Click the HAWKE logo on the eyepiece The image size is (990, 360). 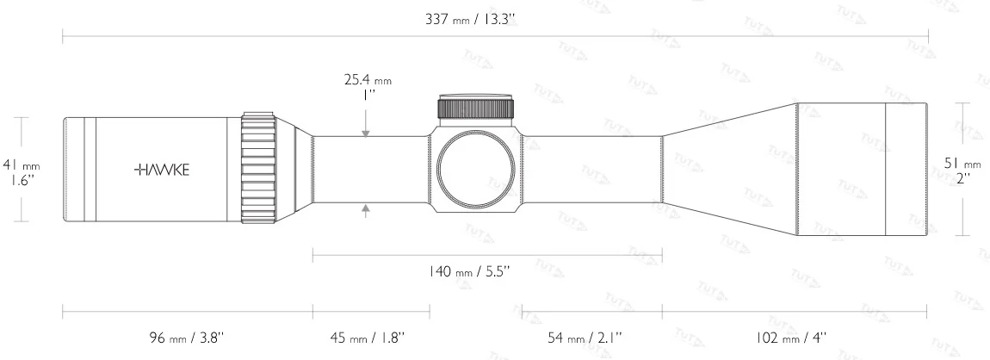pyautogui.click(x=162, y=170)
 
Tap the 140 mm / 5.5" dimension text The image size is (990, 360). pyautogui.click(x=469, y=270)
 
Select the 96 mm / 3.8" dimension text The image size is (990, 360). pyautogui.click(x=187, y=337)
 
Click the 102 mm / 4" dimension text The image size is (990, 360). pyautogui.click(x=791, y=337)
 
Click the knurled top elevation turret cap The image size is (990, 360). pyautogui.click(x=476, y=107)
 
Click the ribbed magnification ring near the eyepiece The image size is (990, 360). pyautogui.click(x=258, y=169)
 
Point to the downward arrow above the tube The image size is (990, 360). pyautogui.click(x=367, y=131)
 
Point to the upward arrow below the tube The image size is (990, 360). pyautogui.click(x=367, y=208)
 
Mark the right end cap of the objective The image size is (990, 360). pyautogui.click(x=906, y=170)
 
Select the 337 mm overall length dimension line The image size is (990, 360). pyautogui.click(x=258, y=36)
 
